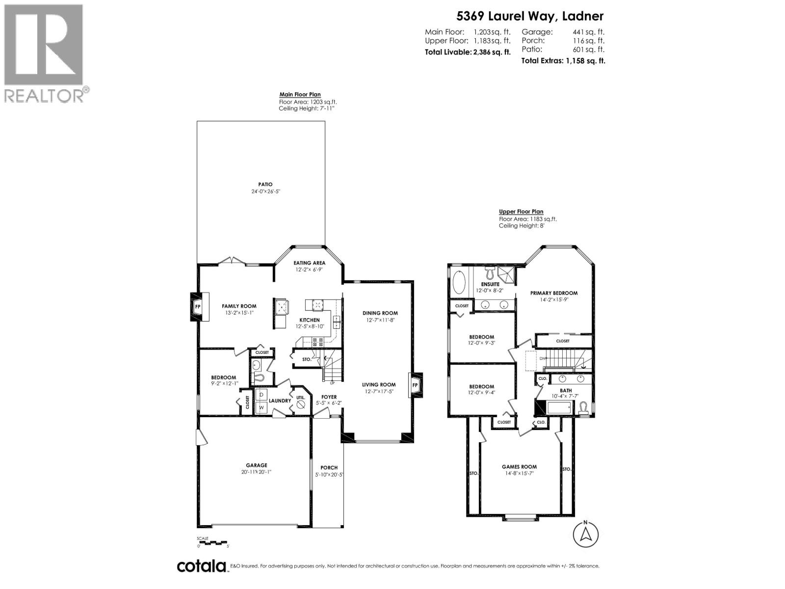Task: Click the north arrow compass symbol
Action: click(585, 534)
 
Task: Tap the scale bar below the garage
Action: click(212, 542)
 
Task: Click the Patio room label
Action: click(265, 185)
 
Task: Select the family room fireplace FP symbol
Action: click(198, 307)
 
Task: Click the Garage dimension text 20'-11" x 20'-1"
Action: click(257, 472)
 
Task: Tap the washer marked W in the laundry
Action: click(262, 407)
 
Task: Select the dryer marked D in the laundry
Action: click(262, 395)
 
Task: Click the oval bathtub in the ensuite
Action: click(459, 283)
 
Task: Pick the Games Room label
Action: click(519, 467)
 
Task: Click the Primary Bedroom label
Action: click(554, 293)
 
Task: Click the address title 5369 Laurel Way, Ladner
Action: click(530, 16)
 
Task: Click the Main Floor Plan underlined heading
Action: click(300, 95)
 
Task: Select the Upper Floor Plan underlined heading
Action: click(521, 212)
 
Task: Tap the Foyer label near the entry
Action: click(329, 397)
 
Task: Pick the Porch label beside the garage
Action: click(329, 468)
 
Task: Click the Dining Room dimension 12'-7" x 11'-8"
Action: click(380, 320)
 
